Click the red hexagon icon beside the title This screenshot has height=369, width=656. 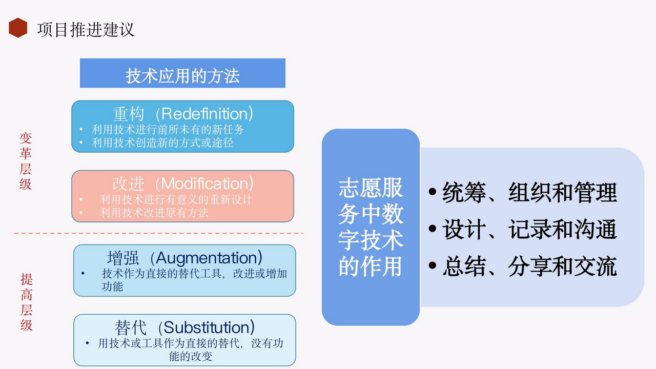tap(18, 28)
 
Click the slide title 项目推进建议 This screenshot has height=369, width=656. tap(86, 30)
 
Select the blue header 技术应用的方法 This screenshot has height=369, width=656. tap(183, 73)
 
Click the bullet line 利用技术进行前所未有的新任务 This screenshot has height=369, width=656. tap(168, 130)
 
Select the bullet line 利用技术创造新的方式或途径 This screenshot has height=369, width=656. tap(162, 143)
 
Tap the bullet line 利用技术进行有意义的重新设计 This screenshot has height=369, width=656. tap(176, 200)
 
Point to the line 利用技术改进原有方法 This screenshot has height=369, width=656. tap(154, 213)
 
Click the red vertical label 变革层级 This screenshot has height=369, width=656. tap(26, 161)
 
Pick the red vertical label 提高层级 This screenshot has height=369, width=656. tap(26, 302)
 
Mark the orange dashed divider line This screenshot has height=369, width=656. tap(159, 233)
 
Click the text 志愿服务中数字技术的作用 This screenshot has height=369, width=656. tap(371, 227)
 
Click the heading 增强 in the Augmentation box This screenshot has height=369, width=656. tap(123, 258)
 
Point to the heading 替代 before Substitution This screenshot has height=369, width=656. tap(130, 327)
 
